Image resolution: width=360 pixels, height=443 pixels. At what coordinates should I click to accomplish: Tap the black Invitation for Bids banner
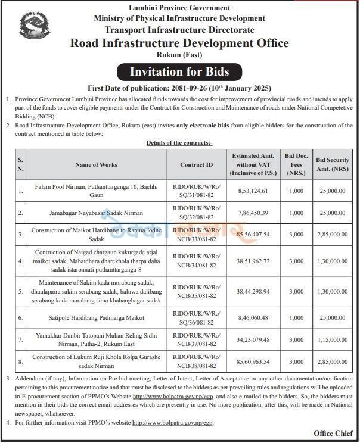(179, 72)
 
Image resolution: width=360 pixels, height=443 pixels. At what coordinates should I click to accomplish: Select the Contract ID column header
(196, 164)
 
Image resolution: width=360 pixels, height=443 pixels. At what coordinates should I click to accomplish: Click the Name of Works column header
(96, 164)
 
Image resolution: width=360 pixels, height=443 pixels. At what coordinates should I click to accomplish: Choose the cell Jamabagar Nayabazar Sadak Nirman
(96, 213)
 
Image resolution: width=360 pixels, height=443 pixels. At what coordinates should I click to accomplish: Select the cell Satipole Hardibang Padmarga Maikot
(96, 318)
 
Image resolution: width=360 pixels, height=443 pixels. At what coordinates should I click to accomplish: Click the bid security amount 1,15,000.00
(331, 339)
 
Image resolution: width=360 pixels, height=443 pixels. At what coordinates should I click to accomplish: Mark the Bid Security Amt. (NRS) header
(331, 164)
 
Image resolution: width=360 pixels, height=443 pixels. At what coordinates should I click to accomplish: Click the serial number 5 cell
(21, 291)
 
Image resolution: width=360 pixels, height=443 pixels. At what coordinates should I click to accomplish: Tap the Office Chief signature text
(334, 433)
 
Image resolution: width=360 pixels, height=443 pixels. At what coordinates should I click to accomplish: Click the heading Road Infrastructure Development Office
(179, 43)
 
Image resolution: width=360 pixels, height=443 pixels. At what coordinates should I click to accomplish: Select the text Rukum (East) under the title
(179, 55)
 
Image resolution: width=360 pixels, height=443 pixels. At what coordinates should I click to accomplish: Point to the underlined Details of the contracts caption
(179, 143)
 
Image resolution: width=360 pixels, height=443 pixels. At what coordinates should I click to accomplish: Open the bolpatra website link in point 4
(172, 422)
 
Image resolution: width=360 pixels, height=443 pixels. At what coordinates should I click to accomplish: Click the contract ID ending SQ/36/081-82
(196, 318)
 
